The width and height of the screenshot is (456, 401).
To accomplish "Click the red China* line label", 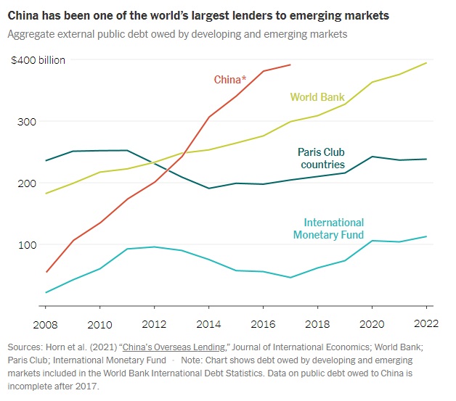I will (229, 79).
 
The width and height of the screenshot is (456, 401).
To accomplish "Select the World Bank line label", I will (317, 97).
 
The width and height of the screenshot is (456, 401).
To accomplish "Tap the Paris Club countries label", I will (322, 159).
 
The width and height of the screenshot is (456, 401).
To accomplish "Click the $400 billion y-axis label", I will (38, 60).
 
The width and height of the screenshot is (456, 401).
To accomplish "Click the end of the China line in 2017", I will (290, 65).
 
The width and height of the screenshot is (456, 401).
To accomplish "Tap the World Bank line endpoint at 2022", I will (426, 63).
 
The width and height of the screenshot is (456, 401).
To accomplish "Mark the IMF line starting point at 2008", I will (46, 292).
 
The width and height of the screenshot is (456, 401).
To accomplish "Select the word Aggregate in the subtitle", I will (30, 34).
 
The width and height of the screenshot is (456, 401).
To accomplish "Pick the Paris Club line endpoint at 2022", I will (426, 159).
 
